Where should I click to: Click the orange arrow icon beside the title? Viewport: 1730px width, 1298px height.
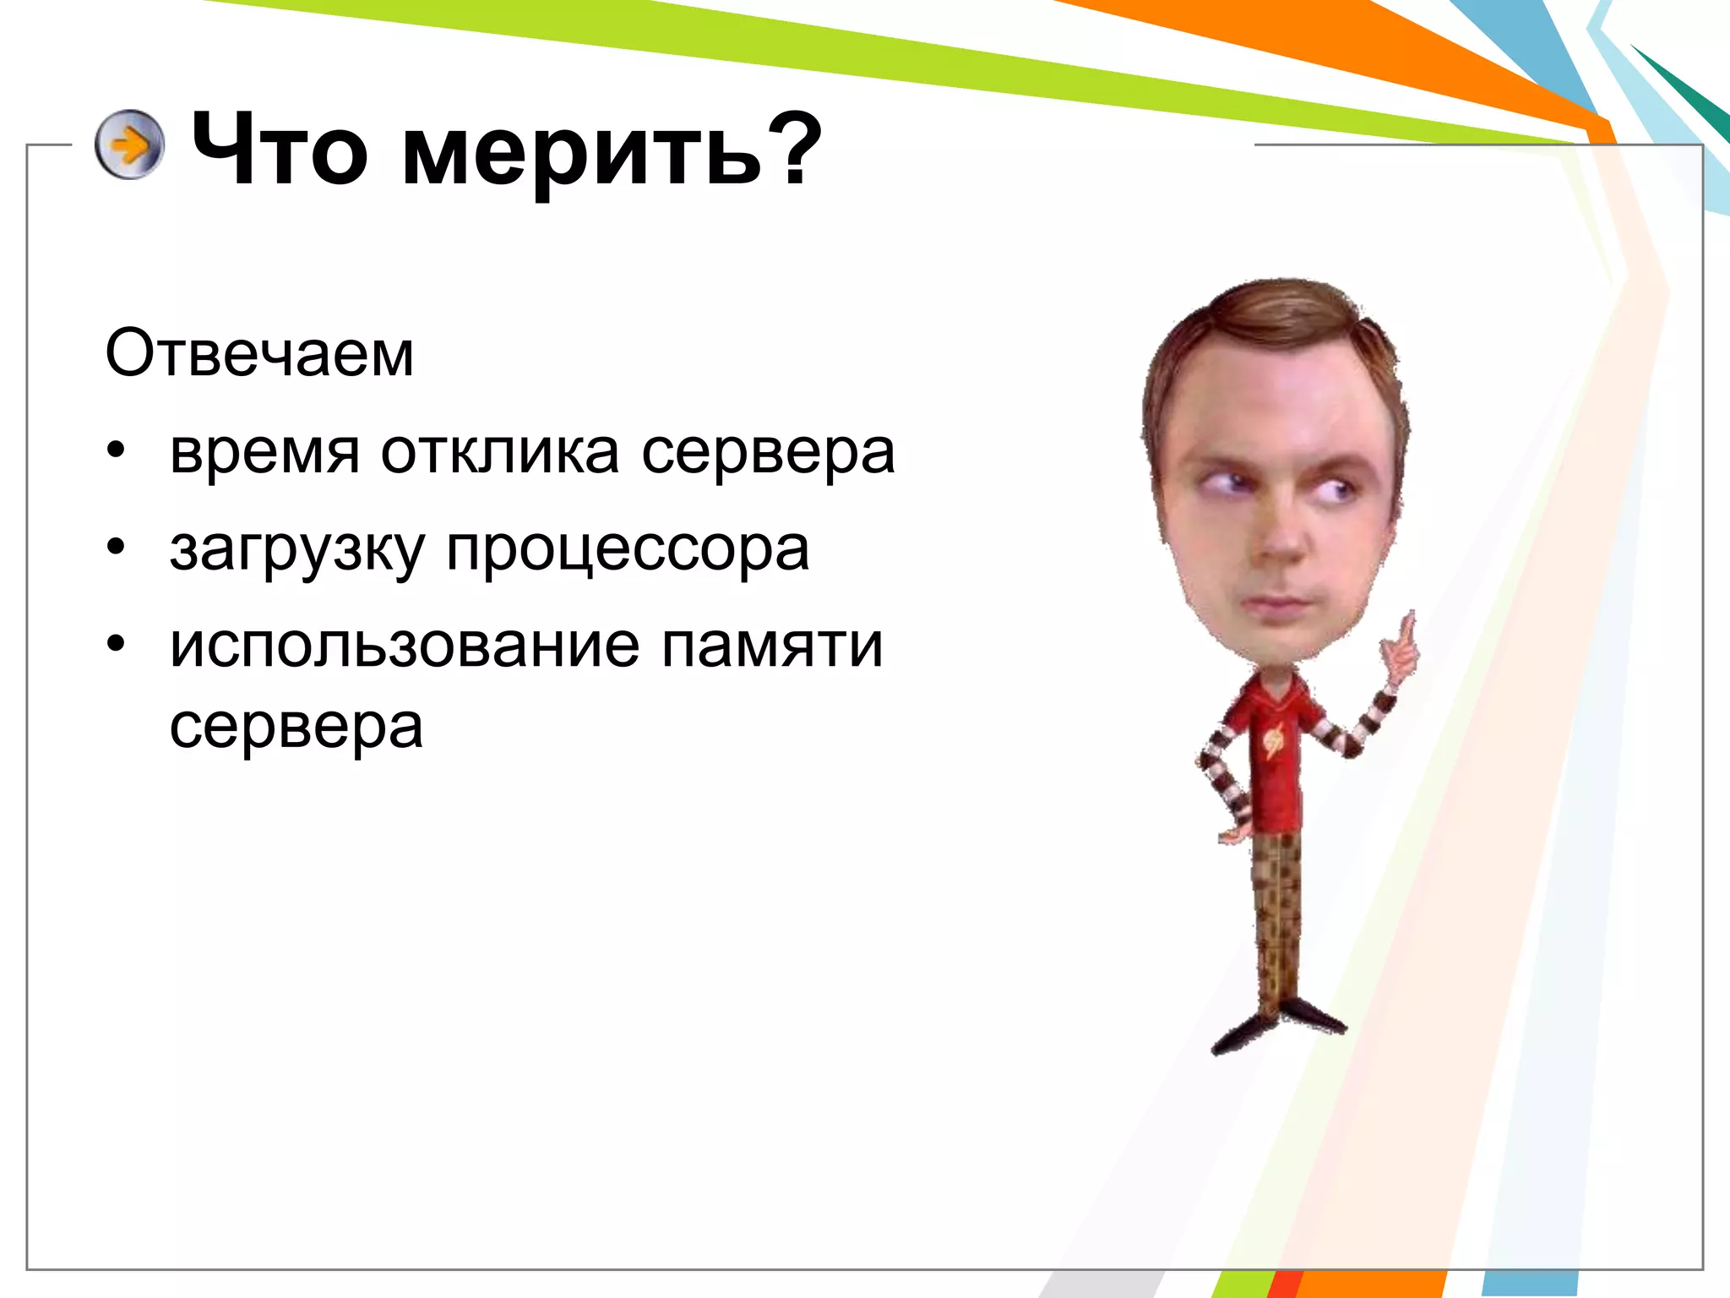[x=128, y=145]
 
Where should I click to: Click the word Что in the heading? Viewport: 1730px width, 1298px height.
[x=279, y=150]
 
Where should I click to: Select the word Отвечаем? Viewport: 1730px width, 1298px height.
[x=259, y=353]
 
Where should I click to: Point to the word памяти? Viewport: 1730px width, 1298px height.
[x=771, y=646]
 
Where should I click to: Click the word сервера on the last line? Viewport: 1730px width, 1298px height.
[x=296, y=727]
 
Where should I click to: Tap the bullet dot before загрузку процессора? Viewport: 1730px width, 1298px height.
[x=116, y=547]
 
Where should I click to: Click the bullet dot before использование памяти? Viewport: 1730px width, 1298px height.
[x=116, y=644]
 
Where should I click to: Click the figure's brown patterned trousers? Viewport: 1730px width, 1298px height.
[x=1276, y=913]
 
